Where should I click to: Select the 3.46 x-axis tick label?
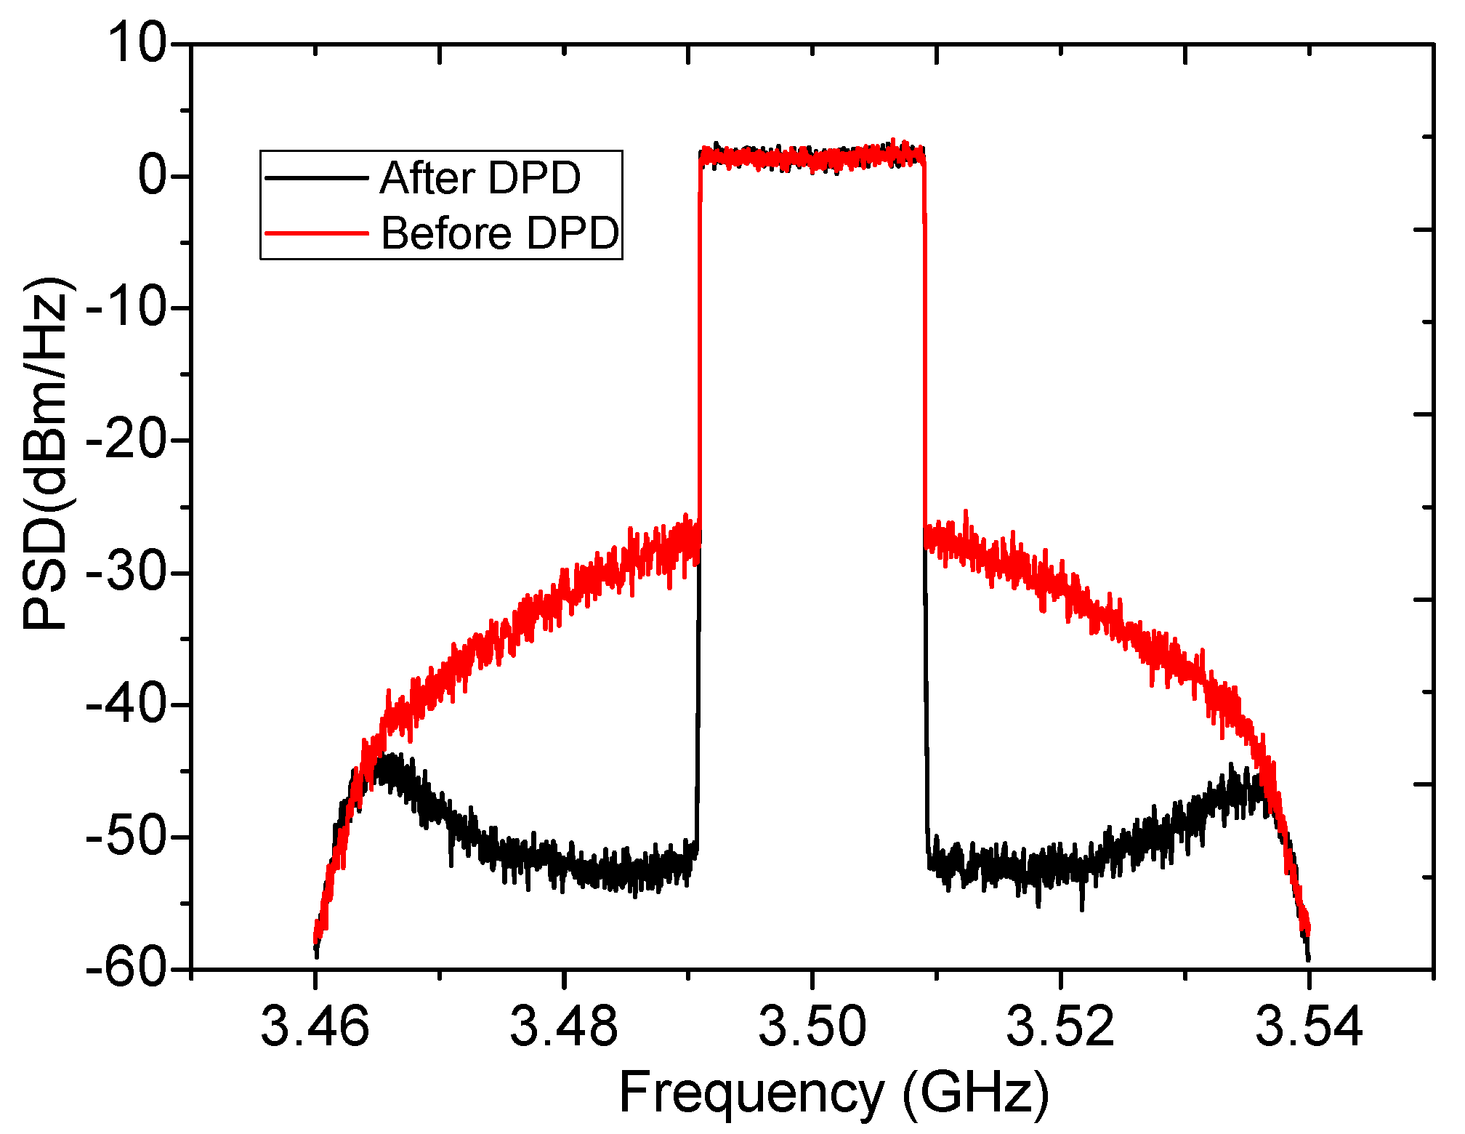315,1026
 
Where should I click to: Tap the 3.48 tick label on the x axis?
563,1026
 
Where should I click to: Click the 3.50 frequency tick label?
812,1026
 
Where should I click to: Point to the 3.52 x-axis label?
1060,1026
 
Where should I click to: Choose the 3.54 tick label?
1309,1026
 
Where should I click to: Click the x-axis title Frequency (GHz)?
834,1094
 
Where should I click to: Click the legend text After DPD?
480,177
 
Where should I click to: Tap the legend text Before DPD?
500,233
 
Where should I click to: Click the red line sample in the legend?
316,233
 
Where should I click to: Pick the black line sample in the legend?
316,177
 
